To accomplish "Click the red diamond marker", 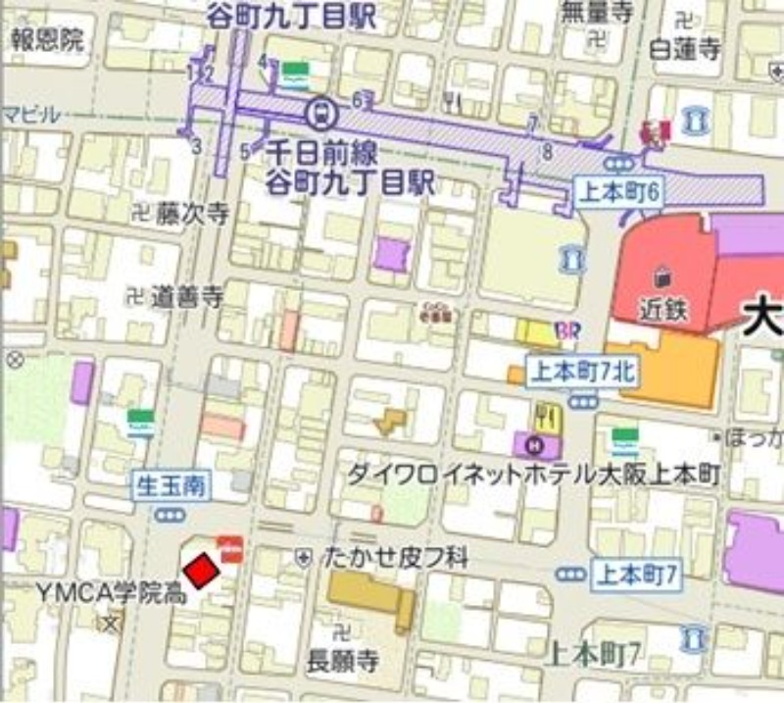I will coord(201,571).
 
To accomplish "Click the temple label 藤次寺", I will coord(192,213).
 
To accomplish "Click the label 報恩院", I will coord(47,39).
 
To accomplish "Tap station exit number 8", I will coord(547,151).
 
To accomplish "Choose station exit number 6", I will coord(358,98).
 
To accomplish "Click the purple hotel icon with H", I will coord(534,444).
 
